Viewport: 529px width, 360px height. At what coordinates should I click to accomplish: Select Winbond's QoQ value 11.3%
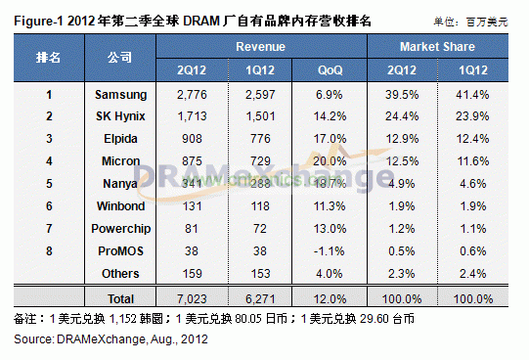click(x=330, y=204)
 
